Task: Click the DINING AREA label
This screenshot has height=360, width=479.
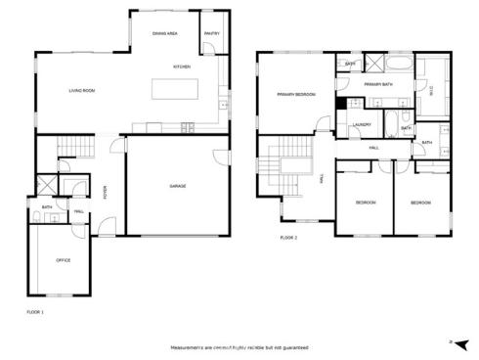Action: (x=164, y=34)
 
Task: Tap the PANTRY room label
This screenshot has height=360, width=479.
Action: (x=212, y=34)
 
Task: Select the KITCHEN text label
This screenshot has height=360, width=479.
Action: (x=182, y=67)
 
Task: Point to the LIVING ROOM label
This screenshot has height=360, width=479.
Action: (x=81, y=91)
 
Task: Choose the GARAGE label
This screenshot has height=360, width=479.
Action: (x=177, y=186)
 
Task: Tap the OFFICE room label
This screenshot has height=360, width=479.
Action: (x=63, y=260)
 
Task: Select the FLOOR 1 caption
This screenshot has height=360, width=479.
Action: (x=35, y=311)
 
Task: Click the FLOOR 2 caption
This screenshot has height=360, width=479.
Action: (x=288, y=238)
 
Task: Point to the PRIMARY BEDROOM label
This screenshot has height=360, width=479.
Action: (x=295, y=95)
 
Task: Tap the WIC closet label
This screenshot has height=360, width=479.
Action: (x=431, y=90)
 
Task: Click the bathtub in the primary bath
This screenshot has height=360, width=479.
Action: (x=399, y=67)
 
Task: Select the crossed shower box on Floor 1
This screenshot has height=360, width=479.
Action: (x=45, y=186)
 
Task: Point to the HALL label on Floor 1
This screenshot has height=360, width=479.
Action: (x=78, y=210)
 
